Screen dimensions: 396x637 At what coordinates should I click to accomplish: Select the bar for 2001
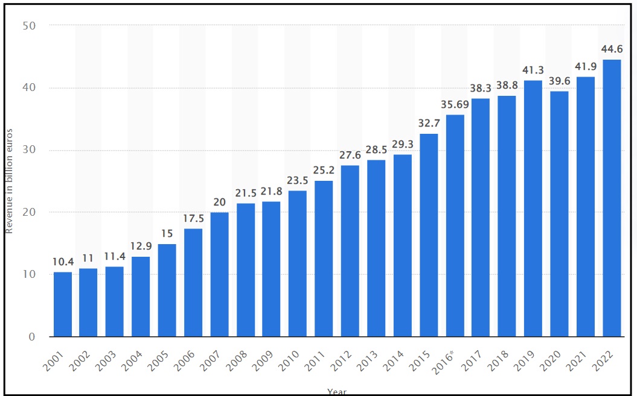pyautogui.click(x=62, y=304)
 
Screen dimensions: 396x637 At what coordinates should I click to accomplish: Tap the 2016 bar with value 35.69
pyautogui.click(x=455, y=225)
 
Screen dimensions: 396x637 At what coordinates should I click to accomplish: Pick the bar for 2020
pyautogui.click(x=559, y=213)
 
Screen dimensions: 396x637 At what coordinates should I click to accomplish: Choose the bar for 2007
pyautogui.click(x=219, y=274)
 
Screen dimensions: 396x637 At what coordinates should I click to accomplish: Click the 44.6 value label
pyautogui.click(x=611, y=49)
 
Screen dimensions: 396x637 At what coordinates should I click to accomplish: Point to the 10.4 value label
pyautogui.click(x=62, y=262)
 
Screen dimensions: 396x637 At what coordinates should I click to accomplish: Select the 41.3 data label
pyautogui.click(x=533, y=70)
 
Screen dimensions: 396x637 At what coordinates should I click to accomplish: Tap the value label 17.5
pyautogui.click(x=193, y=218)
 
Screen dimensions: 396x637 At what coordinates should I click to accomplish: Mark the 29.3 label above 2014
pyautogui.click(x=402, y=144)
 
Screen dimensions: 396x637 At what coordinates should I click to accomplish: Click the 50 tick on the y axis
pyautogui.click(x=30, y=26)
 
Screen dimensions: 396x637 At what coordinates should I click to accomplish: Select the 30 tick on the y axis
pyautogui.click(x=30, y=150)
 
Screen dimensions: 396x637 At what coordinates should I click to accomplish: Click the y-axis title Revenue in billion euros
pyautogui.click(x=9, y=181)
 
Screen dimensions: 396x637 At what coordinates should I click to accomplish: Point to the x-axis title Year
pyautogui.click(x=337, y=392)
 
